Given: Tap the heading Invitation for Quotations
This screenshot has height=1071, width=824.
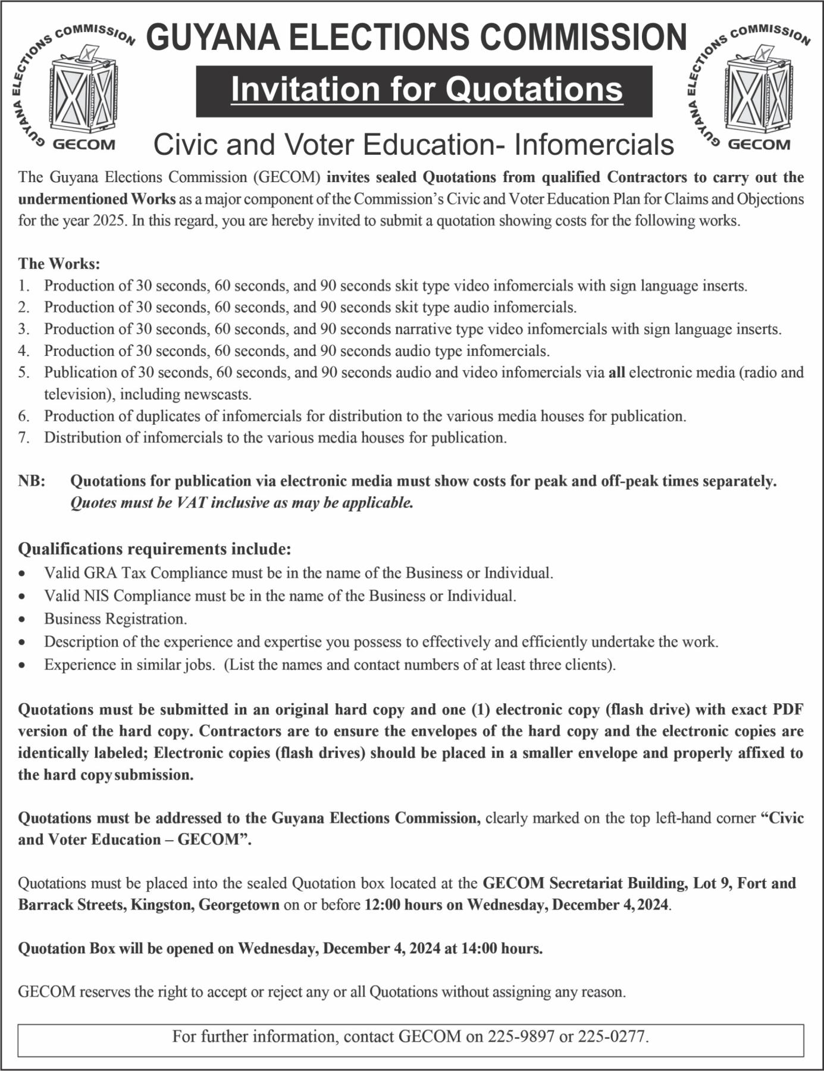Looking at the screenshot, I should coord(426,89).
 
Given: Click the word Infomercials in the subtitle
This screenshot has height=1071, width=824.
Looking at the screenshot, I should coord(594,145).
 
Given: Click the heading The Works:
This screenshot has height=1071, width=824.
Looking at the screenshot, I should coord(59,263).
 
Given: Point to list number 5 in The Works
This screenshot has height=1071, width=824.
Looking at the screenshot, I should coord(24,372).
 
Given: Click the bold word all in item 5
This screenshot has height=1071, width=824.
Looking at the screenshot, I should coord(616,372).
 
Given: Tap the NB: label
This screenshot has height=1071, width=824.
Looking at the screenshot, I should coord(32,481).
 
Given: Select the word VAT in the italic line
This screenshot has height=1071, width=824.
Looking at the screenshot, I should coord(192,503).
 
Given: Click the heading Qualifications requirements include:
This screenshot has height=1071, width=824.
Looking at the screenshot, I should coord(155,548).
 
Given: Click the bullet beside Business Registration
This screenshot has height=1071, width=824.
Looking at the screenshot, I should coord(22,619).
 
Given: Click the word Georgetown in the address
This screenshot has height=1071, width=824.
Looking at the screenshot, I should coord(239,905).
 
